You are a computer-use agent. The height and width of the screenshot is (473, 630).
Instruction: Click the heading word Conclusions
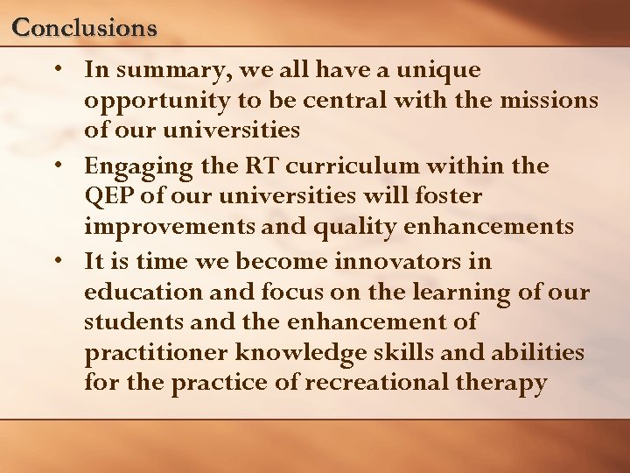(85, 28)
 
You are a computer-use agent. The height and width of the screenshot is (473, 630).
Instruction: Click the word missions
(549, 101)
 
